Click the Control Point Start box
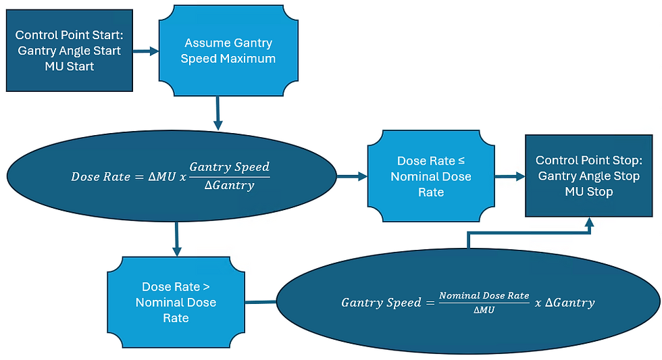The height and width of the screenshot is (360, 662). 69,51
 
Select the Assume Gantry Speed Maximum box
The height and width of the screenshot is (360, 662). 228,51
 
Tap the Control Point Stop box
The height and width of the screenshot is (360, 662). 589,176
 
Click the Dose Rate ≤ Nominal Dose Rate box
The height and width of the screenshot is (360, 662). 431,176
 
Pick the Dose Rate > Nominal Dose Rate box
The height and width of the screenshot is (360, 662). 176,302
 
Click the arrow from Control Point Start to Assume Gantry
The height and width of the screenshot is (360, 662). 146,51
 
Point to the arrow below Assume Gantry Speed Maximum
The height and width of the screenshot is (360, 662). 218,113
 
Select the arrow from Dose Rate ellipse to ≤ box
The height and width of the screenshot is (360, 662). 352,176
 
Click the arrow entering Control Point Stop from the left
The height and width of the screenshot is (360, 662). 510,176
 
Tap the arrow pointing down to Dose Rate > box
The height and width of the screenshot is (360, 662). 176,239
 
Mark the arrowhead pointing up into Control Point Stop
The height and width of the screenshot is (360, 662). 589,222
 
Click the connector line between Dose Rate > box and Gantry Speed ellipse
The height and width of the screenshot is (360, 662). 261,302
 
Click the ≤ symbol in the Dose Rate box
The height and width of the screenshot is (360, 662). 461,161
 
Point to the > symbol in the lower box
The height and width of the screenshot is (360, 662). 206,287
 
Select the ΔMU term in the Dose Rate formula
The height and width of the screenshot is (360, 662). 162,176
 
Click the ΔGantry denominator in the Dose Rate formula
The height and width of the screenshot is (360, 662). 229,185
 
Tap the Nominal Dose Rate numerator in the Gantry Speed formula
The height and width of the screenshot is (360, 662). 484,295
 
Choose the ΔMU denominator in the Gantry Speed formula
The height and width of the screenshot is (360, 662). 484,310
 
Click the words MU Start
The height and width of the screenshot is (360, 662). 69,66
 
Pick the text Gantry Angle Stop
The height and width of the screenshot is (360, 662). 589,176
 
